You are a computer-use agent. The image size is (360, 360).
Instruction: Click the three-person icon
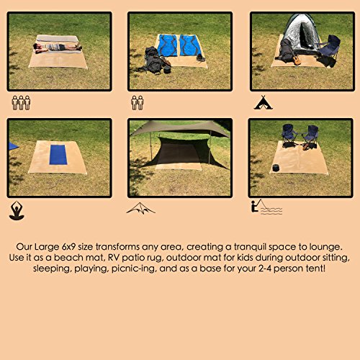22,103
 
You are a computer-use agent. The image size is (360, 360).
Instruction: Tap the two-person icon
138,103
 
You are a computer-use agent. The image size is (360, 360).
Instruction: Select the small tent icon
262,104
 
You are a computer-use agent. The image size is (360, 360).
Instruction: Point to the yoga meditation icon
17,210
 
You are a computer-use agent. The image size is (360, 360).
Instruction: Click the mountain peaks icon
140,209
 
